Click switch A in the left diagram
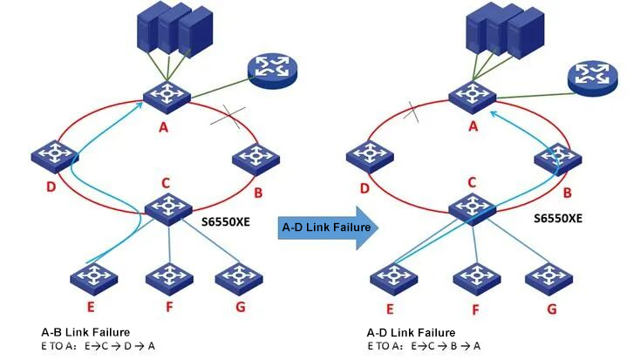point(167,95)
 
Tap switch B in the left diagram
point(255,156)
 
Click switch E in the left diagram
point(94,277)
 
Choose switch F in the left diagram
point(169,277)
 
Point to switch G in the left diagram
point(238,277)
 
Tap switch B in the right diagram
point(558,157)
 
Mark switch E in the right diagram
point(393,277)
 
